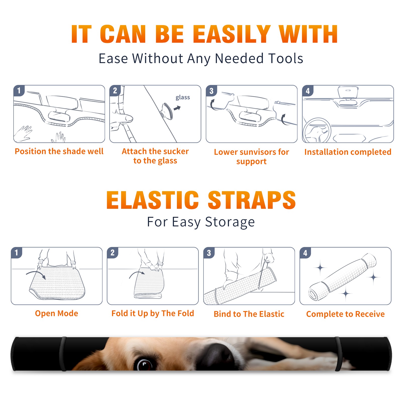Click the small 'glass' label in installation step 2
(183, 97)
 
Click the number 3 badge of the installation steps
(212, 91)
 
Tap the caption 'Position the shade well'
(59, 151)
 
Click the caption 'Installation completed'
(348, 152)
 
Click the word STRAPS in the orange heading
(252, 200)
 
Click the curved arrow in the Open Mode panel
(36, 274)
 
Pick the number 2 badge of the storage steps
(113, 253)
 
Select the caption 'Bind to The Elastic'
(249, 314)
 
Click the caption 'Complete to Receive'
(345, 314)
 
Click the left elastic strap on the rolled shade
(63, 354)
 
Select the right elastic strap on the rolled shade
(338, 354)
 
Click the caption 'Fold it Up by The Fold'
(153, 313)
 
